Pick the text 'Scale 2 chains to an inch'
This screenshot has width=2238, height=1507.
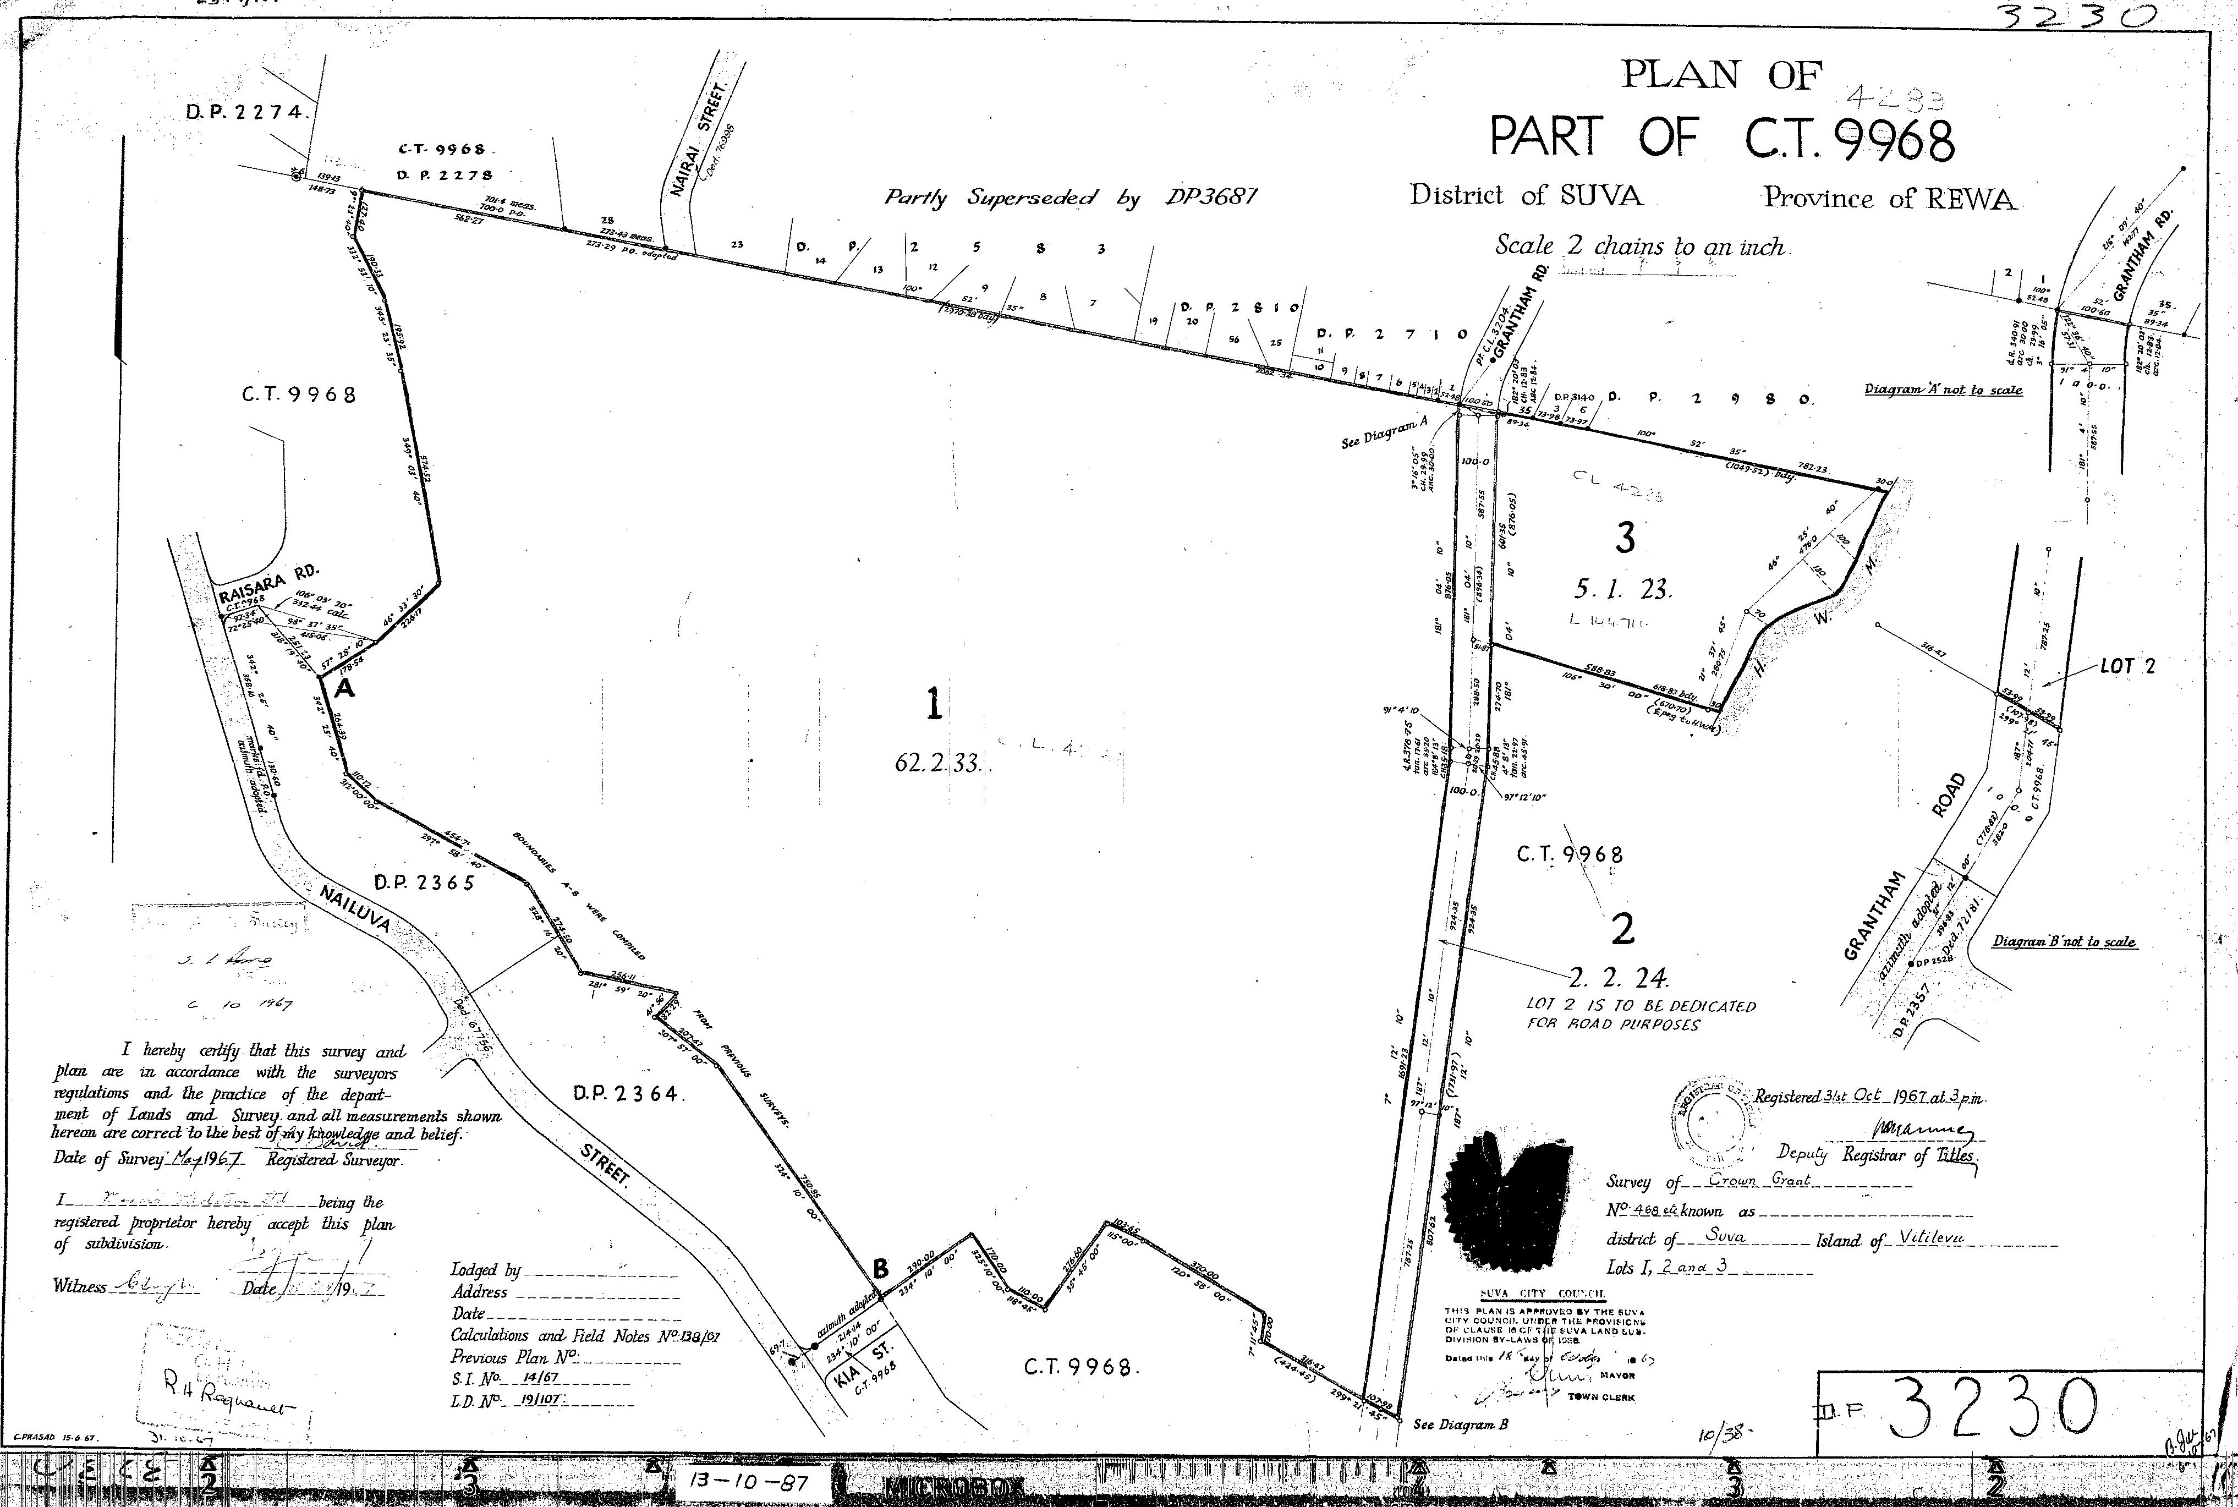(1641, 246)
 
